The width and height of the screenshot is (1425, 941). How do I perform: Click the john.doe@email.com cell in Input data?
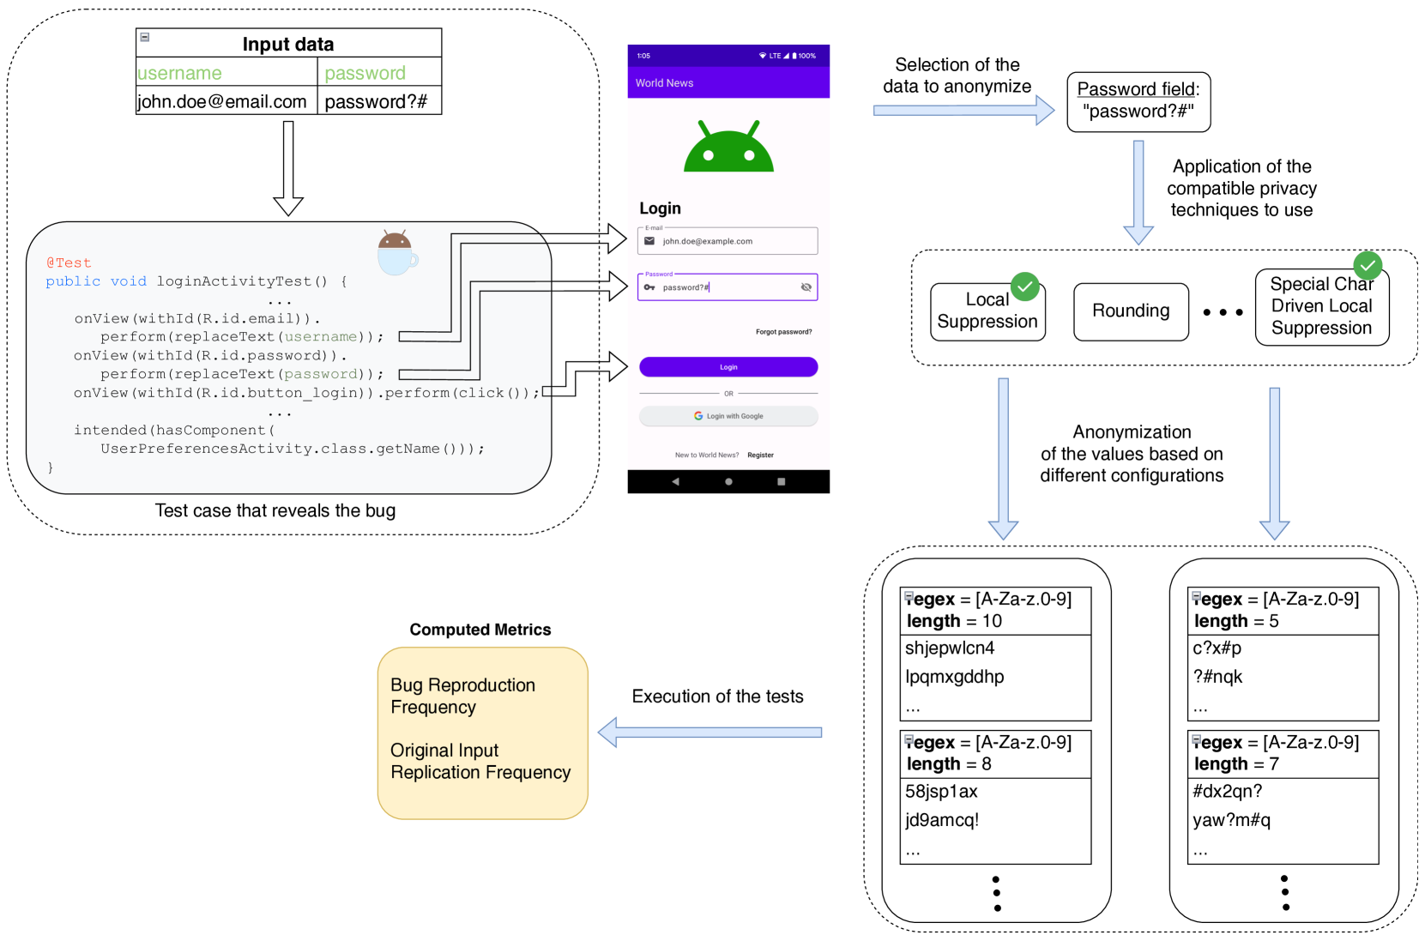(x=222, y=101)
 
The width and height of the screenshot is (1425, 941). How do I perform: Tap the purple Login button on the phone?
(x=728, y=367)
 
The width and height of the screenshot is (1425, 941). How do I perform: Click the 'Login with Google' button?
(x=728, y=416)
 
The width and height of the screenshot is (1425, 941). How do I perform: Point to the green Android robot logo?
(x=728, y=148)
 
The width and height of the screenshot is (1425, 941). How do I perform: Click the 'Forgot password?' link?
(x=783, y=332)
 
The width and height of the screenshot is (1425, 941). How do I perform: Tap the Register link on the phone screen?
(x=760, y=455)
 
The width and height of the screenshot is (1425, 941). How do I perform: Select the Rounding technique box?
(x=1131, y=311)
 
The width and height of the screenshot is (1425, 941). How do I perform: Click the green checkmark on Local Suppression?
(x=1025, y=287)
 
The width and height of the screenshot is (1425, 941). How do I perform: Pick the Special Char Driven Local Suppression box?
(x=1321, y=307)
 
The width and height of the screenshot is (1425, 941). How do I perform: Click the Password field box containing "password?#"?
(x=1138, y=102)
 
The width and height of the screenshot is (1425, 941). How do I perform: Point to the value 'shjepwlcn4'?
(x=950, y=648)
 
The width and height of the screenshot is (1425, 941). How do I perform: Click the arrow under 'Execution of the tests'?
(x=709, y=733)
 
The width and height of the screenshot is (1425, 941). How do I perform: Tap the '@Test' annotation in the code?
(x=69, y=262)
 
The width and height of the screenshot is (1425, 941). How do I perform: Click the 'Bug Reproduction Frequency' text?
(x=462, y=696)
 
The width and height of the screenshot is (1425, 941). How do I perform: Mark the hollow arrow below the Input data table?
(x=288, y=168)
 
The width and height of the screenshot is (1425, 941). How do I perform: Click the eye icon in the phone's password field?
(x=806, y=287)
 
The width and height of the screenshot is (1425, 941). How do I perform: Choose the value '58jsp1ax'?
(x=941, y=792)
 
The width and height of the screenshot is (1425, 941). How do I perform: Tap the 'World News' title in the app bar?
(x=664, y=83)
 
